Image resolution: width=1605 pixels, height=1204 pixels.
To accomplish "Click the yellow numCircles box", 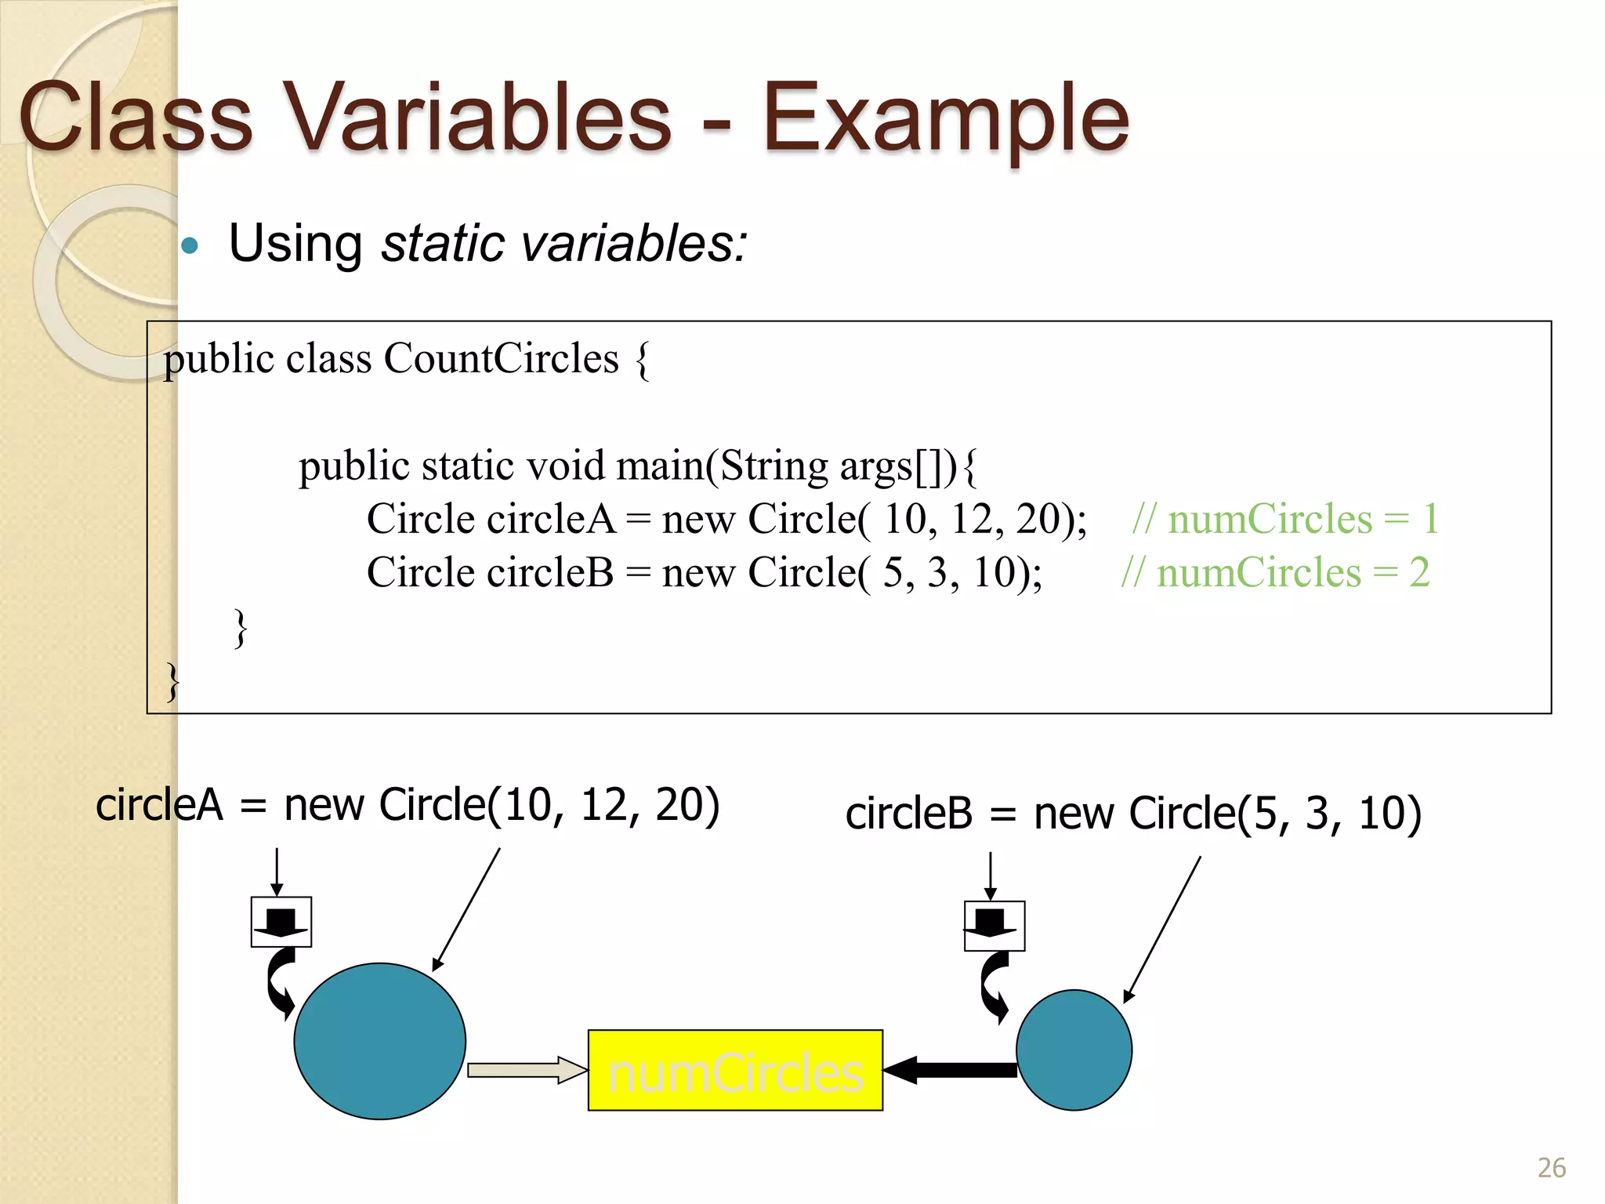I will pos(735,1070).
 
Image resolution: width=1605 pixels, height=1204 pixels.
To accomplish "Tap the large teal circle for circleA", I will pos(380,1040).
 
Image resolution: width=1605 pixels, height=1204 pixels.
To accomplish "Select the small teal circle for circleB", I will pos(1074,1050).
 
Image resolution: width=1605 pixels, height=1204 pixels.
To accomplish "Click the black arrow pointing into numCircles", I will pos(950,1070).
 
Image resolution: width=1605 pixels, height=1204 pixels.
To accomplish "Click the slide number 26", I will pos(1551,1168).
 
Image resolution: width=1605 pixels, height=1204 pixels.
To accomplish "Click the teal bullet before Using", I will pos(190,246).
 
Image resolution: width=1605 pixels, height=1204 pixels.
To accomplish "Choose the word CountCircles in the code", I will pos(501,359).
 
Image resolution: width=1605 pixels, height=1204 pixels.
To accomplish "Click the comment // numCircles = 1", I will pos(1285,519).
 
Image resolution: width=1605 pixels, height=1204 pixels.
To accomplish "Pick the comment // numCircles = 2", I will pos(1275,572).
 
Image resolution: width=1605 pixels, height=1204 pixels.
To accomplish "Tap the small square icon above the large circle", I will pos(281,922).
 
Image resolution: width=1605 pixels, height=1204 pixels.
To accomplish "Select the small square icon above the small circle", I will pos(995,926).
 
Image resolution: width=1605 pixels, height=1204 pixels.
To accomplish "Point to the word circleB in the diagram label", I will pos(908,814).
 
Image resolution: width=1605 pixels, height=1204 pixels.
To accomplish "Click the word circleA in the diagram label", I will pos(159,805).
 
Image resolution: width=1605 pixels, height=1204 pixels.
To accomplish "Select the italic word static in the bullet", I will pos(443,244).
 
